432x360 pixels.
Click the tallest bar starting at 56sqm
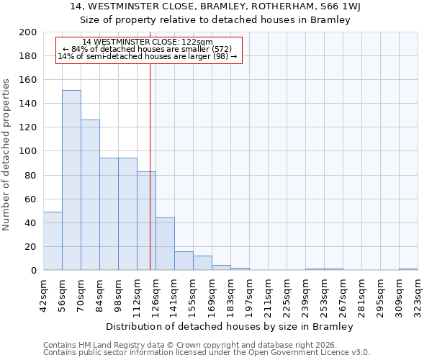71,180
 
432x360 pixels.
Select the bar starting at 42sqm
53,241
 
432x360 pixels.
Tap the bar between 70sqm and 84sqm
90,195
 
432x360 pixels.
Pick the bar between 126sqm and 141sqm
165,244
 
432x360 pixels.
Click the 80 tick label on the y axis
30,175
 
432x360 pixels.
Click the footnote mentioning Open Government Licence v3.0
207,353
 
